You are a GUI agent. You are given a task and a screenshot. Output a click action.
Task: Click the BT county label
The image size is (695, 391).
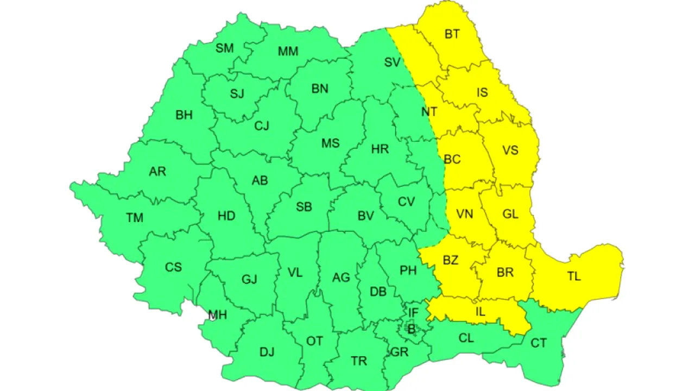(452, 34)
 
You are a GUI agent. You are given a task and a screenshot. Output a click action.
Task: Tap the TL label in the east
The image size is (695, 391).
(574, 276)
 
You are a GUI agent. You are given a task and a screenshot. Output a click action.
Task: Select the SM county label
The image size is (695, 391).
(224, 48)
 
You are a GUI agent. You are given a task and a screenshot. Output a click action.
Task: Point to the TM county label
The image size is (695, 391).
(135, 218)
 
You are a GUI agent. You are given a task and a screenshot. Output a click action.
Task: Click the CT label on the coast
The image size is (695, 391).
(539, 343)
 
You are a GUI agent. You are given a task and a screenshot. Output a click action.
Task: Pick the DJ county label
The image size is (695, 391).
(267, 352)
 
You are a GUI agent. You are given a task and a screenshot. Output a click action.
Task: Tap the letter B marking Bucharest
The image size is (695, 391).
(411, 329)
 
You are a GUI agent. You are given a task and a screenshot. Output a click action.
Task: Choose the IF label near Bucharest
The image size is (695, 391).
(413, 313)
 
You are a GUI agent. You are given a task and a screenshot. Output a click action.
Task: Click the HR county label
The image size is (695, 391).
(380, 149)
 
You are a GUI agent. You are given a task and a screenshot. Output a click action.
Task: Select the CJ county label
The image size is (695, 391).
(262, 126)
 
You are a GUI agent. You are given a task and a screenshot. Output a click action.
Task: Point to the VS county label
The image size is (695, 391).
(510, 150)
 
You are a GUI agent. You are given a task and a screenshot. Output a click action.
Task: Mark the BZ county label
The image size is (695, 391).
(450, 261)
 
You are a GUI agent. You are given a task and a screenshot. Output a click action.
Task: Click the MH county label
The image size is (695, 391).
(218, 315)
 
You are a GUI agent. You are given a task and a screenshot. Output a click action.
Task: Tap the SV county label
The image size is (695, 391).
(392, 62)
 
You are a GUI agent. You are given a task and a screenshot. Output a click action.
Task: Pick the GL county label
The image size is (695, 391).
(510, 214)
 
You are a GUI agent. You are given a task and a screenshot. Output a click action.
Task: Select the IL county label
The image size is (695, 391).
(480, 312)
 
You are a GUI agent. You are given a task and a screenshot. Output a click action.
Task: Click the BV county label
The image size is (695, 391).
(365, 216)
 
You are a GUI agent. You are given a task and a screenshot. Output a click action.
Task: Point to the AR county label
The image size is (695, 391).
(157, 172)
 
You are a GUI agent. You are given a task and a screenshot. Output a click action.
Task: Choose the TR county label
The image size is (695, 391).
(359, 361)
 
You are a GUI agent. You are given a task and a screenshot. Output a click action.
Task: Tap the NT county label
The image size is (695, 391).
(429, 112)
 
